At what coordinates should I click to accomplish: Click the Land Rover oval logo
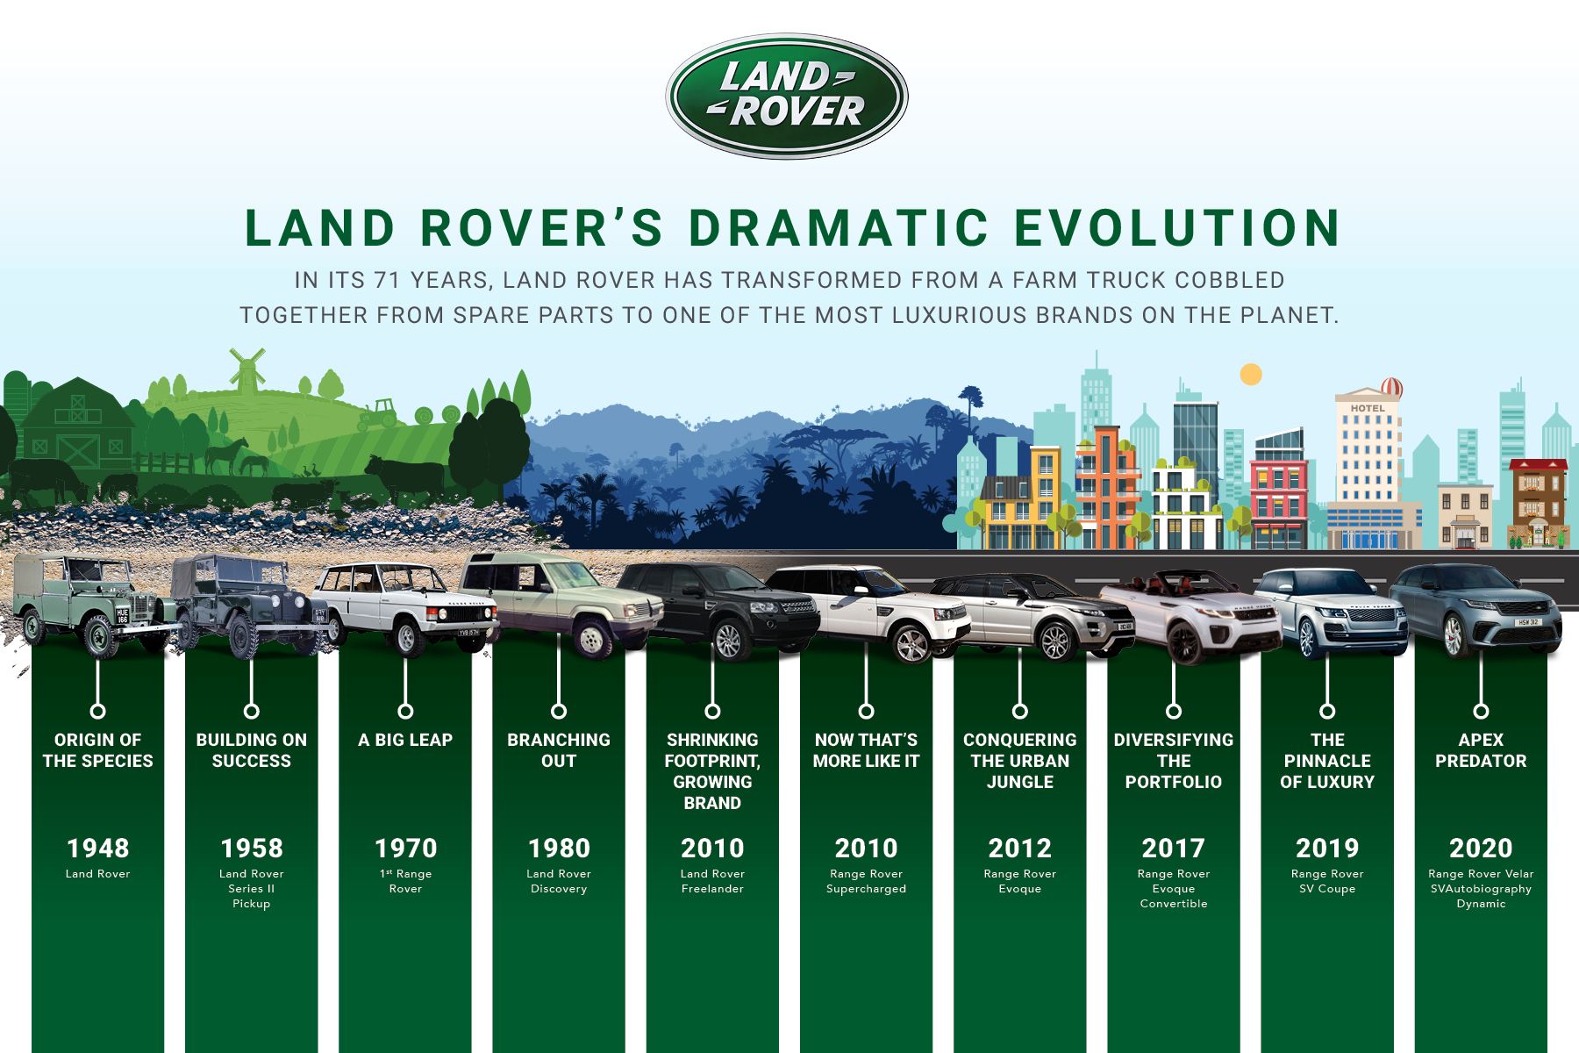[787, 96]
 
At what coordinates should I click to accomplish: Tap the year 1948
[97, 848]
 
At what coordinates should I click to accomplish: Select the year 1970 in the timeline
[405, 848]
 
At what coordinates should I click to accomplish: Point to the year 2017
[1173, 848]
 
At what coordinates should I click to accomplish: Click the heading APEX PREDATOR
[1481, 750]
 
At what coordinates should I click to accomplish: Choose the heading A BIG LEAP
[405, 740]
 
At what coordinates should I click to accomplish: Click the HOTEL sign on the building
[1368, 408]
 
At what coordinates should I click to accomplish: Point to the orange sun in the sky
[1251, 375]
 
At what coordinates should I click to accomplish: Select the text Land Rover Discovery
[559, 881]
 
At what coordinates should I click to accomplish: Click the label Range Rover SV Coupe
[1327, 881]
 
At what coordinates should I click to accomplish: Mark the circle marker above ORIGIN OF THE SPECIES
[97, 711]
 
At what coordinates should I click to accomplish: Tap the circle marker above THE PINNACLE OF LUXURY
[1327, 711]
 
